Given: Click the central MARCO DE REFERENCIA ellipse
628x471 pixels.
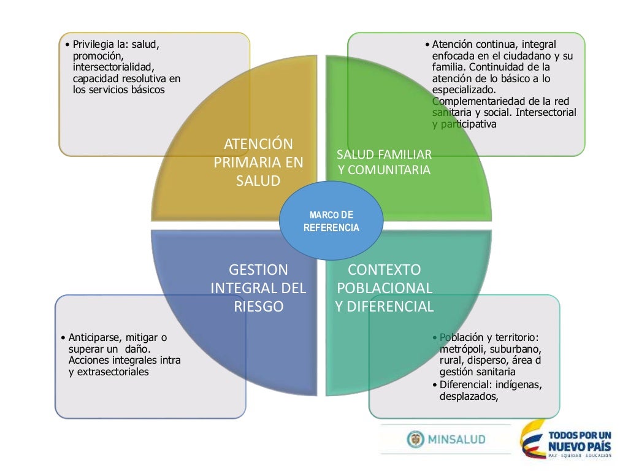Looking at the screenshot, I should [x=331, y=221].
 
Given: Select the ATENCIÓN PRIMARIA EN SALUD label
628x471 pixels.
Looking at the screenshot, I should [x=258, y=163].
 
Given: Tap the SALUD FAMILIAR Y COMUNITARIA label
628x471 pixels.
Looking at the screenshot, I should [x=384, y=163].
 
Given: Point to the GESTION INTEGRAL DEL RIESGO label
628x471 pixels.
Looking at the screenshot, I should [x=258, y=288].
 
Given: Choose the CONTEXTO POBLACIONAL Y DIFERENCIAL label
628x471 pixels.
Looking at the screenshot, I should [x=385, y=288].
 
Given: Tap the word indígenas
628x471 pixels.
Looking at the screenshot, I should [x=521, y=385].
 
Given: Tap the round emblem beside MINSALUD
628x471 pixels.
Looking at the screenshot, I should [x=415, y=439].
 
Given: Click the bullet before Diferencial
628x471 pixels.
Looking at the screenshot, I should [x=435, y=385].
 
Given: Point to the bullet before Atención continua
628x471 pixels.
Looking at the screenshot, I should [x=427, y=45].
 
